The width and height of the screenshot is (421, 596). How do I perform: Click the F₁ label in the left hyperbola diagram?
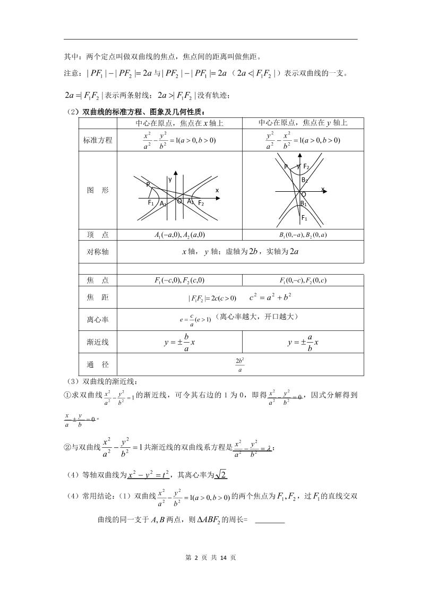pyautogui.click(x=151, y=202)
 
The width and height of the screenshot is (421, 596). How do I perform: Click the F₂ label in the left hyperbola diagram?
pyautogui.click(x=201, y=203)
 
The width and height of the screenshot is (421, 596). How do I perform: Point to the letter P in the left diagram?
pyautogui.click(x=148, y=184)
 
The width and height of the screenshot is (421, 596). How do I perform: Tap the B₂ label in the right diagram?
pyautogui.click(x=304, y=180)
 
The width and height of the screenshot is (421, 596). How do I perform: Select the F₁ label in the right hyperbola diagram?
pyautogui.click(x=304, y=218)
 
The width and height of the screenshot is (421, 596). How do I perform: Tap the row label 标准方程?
pyautogui.click(x=98, y=140)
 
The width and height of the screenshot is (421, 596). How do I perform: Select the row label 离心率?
pyautogui.click(x=98, y=320)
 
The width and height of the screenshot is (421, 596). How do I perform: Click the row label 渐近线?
pyautogui.click(x=98, y=343)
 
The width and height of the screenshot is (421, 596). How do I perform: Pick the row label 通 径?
pyautogui.click(x=98, y=365)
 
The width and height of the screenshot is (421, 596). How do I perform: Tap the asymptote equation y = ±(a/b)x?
pyautogui.click(x=303, y=343)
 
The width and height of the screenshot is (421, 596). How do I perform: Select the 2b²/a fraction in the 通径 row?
pyautogui.click(x=239, y=365)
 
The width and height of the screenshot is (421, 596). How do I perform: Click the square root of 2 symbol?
pyautogui.click(x=221, y=474)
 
